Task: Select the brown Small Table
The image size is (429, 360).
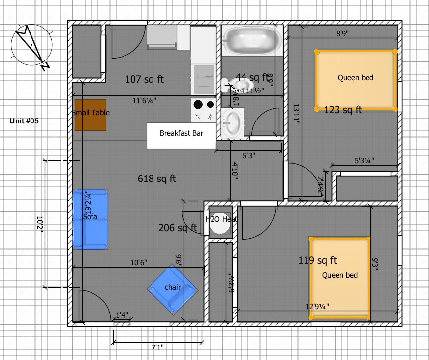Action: pos(91,115)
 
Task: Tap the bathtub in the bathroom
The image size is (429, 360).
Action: pos(251,42)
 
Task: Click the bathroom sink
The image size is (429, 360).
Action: pos(232,123)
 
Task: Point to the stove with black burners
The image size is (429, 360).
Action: pos(204,110)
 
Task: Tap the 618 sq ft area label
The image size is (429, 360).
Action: pos(157,179)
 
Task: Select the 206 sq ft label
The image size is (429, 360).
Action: pos(177,228)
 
